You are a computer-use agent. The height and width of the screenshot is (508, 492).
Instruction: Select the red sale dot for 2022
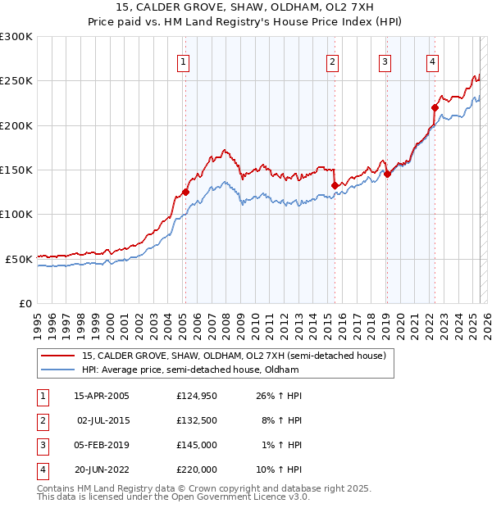435,107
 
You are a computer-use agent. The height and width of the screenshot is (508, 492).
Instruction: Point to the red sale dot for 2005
185,192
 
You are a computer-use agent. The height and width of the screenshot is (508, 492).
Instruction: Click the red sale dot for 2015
335,185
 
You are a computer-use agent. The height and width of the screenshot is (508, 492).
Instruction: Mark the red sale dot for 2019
387,174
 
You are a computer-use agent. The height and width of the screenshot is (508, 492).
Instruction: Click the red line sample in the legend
57,355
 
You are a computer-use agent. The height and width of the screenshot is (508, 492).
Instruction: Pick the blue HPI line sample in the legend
57,370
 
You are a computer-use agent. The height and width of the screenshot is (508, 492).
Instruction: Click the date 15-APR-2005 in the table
102,396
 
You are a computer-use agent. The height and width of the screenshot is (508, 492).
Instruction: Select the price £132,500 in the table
197,420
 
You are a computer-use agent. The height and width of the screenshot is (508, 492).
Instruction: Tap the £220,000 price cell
197,469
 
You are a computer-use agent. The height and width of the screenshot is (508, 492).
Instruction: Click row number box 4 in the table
41,469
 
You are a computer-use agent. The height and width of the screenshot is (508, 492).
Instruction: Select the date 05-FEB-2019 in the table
102,445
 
